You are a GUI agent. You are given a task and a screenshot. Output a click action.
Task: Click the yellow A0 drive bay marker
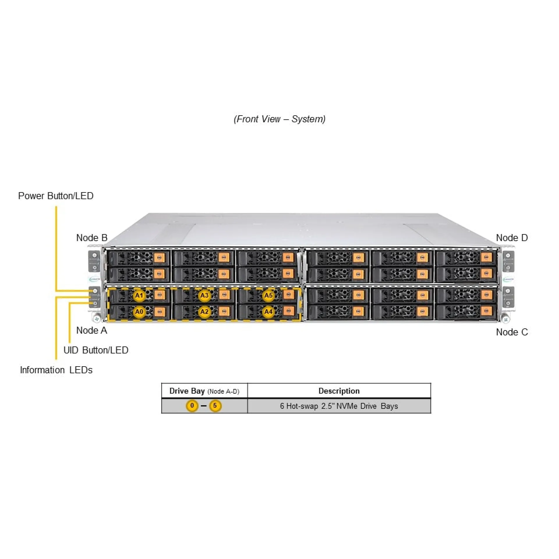(x=139, y=312)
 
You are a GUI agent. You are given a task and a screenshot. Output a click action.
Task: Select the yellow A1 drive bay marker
(x=139, y=296)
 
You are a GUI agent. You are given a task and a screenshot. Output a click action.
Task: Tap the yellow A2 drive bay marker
(x=204, y=312)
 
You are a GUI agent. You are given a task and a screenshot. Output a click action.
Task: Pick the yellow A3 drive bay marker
(x=204, y=296)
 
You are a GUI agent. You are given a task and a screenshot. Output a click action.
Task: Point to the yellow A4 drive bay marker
(x=268, y=312)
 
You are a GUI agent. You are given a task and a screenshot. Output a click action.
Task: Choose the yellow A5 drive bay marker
(x=268, y=296)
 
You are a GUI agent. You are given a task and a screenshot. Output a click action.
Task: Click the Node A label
(x=92, y=330)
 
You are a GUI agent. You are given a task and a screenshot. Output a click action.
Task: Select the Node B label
(x=92, y=238)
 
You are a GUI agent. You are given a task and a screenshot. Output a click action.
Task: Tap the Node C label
(x=512, y=332)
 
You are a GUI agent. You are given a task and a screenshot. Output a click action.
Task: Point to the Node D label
(x=512, y=238)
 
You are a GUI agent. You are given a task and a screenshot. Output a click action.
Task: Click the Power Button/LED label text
(x=56, y=196)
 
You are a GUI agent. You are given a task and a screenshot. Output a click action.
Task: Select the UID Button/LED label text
(x=96, y=350)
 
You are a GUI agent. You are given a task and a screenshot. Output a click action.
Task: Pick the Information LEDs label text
(x=56, y=370)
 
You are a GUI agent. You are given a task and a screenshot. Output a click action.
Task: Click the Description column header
(x=339, y=391)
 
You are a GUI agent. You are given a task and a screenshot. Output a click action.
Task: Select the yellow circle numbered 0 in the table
(x=192, y=406)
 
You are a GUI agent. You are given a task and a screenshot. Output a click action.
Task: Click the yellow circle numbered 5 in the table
(x=215, y=406)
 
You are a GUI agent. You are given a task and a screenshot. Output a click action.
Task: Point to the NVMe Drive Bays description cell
(x=339, y=406)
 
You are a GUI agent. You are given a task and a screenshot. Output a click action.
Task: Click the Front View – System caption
(x=279, y=119)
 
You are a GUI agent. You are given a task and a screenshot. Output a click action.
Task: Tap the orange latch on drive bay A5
(x=289, y=294)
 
